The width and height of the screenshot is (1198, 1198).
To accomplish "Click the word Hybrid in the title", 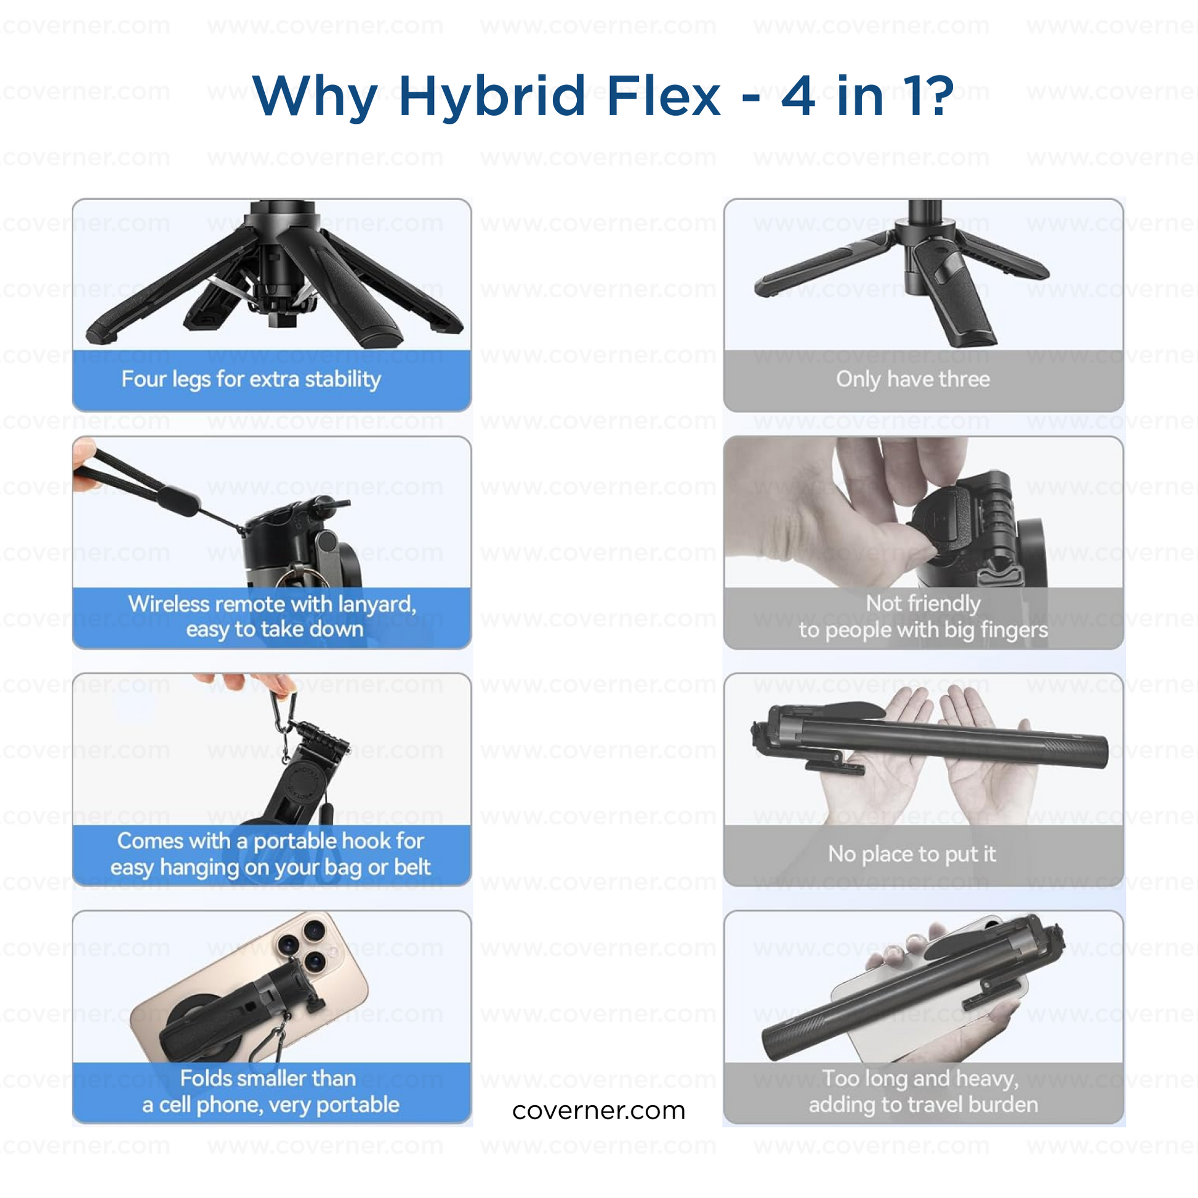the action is [492, 96].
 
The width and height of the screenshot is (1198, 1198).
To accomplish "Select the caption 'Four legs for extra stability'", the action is [251, 379].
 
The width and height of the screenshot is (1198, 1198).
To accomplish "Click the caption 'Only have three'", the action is [913, 379].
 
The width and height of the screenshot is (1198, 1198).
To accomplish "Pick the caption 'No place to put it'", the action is [912, 854].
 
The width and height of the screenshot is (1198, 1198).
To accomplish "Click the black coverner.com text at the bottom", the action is [599, 1111].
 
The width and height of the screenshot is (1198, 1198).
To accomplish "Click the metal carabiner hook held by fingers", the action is [282, 725].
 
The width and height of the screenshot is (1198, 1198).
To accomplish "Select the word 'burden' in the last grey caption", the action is [1003, 1104].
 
